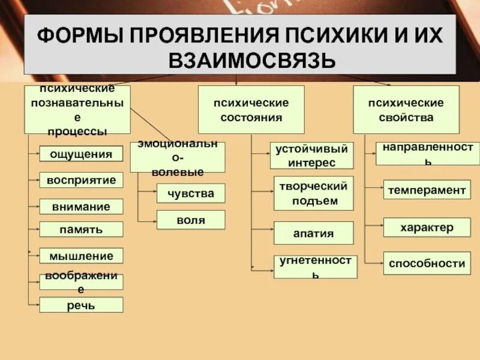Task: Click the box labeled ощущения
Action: pos(81,154)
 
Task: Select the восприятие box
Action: pos(81,180)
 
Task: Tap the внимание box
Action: pos(81,206)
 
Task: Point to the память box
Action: pos(81,229)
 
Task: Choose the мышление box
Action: pos(81,256)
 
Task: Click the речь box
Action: pos(81,305)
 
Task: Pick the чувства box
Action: pos(191,193)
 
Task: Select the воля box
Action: pos(191,220)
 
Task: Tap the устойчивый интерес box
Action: pos(311,155)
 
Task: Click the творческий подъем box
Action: pos(314,193)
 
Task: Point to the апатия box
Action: pos(314,233)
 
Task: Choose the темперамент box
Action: pos(427,190)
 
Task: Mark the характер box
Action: pos(427,227)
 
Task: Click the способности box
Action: pos(427,263)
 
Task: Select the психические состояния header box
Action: pos(251,109)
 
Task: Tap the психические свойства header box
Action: pos(406,109)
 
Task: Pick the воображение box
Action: pos(81,281)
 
